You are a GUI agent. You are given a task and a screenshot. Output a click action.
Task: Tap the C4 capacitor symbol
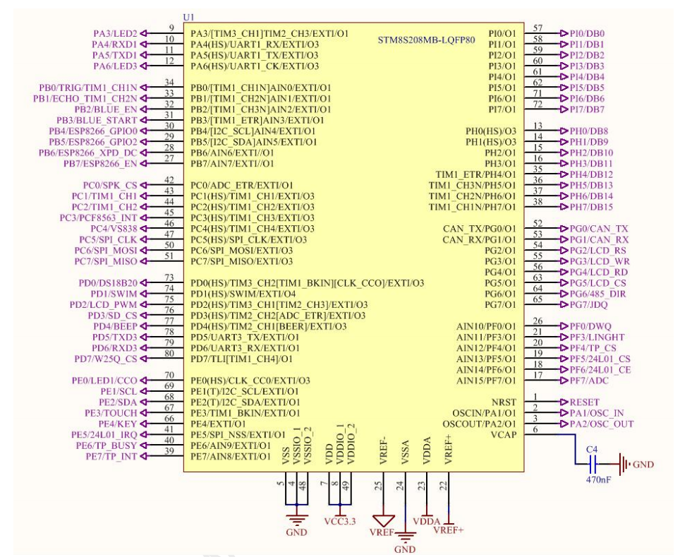click(x=593, y=464)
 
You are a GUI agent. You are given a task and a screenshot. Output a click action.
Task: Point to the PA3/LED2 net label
click(x=115, y=33)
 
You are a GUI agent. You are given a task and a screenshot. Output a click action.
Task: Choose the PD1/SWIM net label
click(x=114, y=294)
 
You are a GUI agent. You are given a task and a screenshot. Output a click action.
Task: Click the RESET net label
click(x=584, y=402)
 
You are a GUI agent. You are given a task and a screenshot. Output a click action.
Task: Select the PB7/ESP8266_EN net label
click(x=100, y=164)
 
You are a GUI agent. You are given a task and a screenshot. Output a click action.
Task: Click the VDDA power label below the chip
click(x=427, y=521)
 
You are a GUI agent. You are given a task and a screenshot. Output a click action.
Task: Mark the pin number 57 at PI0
click(x=538, y=28)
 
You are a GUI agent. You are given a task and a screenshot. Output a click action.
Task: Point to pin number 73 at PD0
click(x=169, y=277)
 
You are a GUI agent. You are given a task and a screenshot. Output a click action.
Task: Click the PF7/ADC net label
click(x=589, y=381)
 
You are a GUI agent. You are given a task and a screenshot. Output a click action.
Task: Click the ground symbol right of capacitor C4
click(x=624, y=465)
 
